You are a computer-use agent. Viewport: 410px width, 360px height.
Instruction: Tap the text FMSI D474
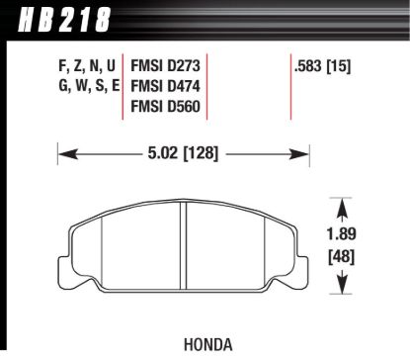(165, 86)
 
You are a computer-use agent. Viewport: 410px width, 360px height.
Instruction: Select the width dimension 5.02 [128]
(185, 153)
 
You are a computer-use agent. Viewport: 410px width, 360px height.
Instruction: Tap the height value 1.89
(343, 236)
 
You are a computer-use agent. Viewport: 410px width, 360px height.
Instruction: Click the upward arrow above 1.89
(343, 208)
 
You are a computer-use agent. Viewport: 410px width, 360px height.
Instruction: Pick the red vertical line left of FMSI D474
(123, 86)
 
